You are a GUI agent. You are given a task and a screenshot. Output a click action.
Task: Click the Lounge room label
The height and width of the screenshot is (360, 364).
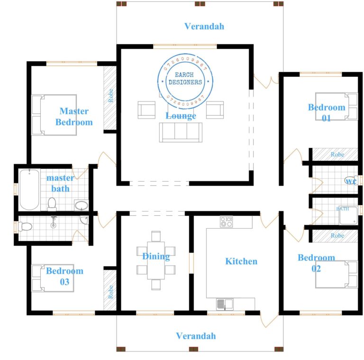click(181, 116)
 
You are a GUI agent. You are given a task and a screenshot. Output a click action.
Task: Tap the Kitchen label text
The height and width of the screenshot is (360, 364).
click(241, 261)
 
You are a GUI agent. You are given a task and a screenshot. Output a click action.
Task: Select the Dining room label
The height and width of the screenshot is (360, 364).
click(156, 257)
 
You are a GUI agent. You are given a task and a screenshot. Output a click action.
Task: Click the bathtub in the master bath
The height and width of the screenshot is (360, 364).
click(29, 190)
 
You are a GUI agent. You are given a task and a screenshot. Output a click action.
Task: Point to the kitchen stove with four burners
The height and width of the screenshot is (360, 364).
click(226, 222)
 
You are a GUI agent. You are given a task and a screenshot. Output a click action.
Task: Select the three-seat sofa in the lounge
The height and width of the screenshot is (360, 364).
click(181, 132)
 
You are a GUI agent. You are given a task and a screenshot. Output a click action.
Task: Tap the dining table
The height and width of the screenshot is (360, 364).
click(156, 261)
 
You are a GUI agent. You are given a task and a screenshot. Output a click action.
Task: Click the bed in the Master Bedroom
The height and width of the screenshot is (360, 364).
click(54, 115)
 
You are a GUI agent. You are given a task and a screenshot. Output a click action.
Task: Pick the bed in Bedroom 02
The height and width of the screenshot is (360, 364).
click(336, 274)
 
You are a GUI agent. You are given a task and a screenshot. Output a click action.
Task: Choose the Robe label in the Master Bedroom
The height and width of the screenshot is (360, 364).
click(110, 96)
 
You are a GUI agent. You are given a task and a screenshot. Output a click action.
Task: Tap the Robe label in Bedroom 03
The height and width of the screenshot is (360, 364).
click(110, 291)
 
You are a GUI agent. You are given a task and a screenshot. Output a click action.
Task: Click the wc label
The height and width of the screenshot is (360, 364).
click(351, 182)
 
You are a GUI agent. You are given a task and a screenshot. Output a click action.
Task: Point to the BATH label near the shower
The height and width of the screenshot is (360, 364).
click(342, 209)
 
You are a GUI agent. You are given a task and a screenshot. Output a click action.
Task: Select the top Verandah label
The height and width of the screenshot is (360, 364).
click(204, 27)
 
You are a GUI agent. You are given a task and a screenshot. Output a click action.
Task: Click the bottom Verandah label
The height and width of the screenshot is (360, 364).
click(196, 336)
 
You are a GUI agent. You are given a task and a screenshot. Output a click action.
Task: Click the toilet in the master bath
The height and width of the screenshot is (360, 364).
click(52, 203)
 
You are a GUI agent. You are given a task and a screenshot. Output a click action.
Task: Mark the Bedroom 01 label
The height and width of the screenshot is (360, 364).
click(327, 112)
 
